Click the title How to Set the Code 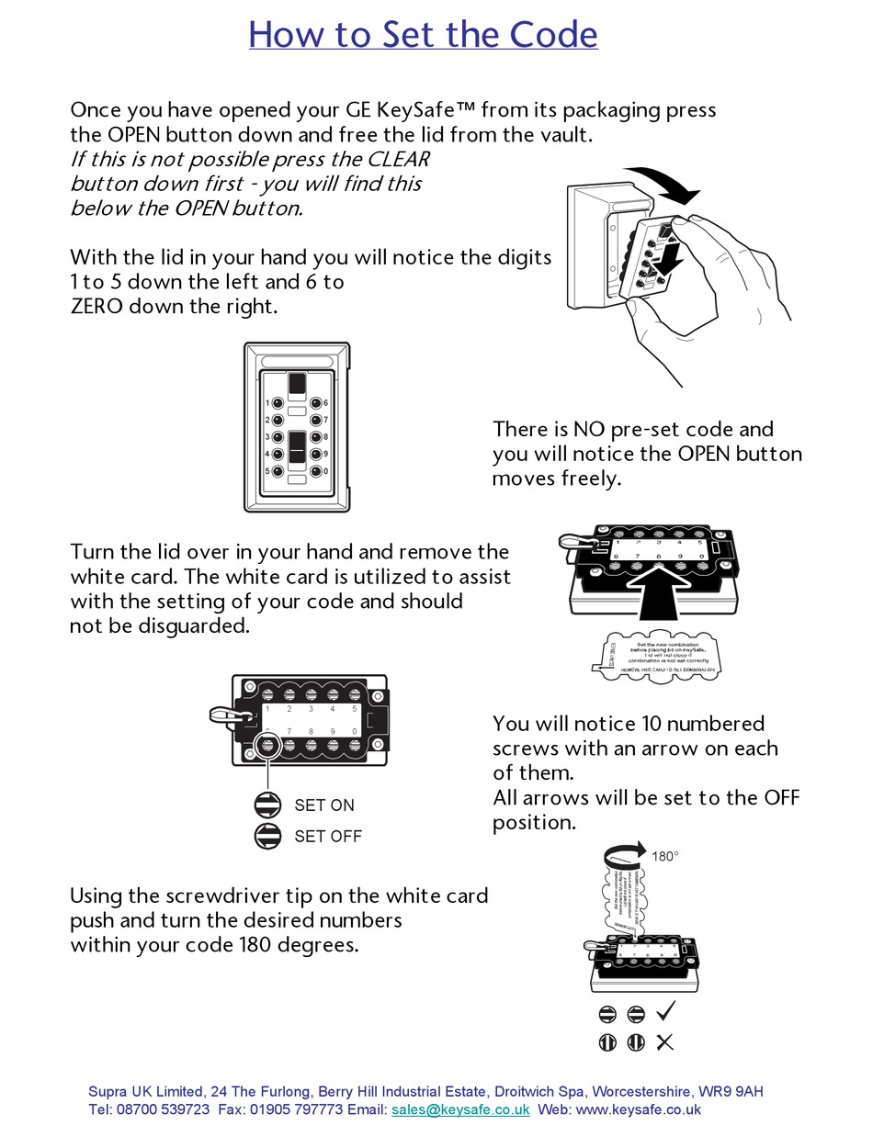[423, 35]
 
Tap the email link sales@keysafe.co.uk [460, 1109]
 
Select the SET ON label [323, 805]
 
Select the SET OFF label [327, 837]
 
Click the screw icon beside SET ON [267, 805]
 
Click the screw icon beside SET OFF [267, 836]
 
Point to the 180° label [665, 856]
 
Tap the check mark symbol [665, 1012]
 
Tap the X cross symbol [665, 1042]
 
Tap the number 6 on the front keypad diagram [326, 403]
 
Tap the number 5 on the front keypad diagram [266, 472]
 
